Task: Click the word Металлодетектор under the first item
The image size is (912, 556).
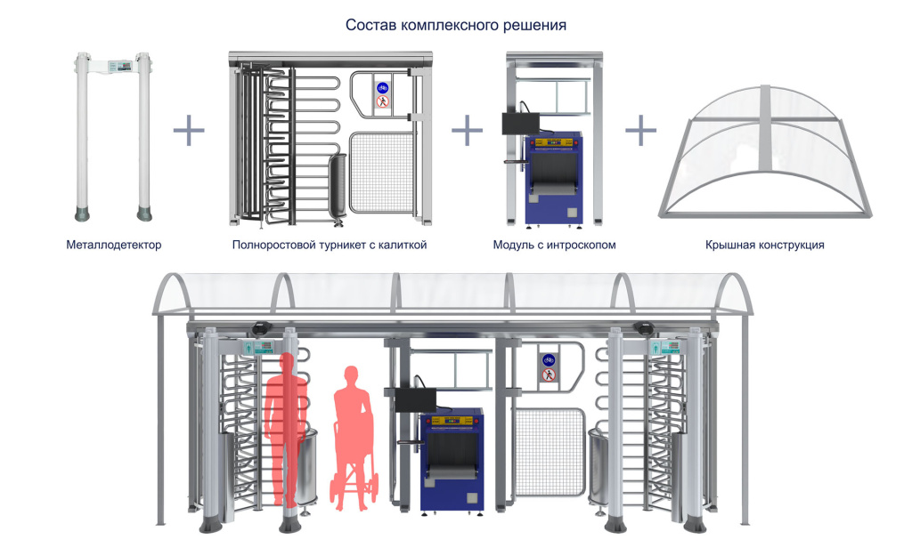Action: pos(113,245)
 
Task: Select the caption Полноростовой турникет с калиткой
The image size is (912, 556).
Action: pos(329,245)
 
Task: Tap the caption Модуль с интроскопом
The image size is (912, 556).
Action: pos(554,245)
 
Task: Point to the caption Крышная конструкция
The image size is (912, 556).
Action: pos(764,245)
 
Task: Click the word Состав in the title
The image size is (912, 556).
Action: pos(371,26)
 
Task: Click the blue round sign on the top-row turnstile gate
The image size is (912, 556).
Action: pos(382,87)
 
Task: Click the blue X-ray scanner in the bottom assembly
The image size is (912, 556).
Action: pos(452,458)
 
